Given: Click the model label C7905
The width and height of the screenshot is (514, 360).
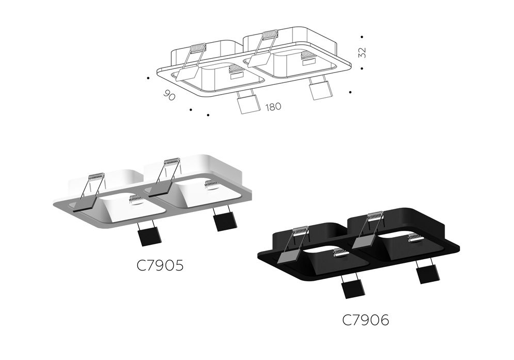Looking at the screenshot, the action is [160, 265].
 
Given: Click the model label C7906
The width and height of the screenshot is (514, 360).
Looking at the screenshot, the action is [366, 320].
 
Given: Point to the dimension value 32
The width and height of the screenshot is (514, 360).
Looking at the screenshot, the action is [362, 52].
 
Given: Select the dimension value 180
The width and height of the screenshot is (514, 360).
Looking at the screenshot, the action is [273, 107].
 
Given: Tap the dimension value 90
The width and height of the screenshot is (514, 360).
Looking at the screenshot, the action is [169, 96].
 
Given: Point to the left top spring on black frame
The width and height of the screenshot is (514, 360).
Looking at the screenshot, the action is [301, 230].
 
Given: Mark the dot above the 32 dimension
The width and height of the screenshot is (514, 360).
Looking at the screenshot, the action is [362, 37].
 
